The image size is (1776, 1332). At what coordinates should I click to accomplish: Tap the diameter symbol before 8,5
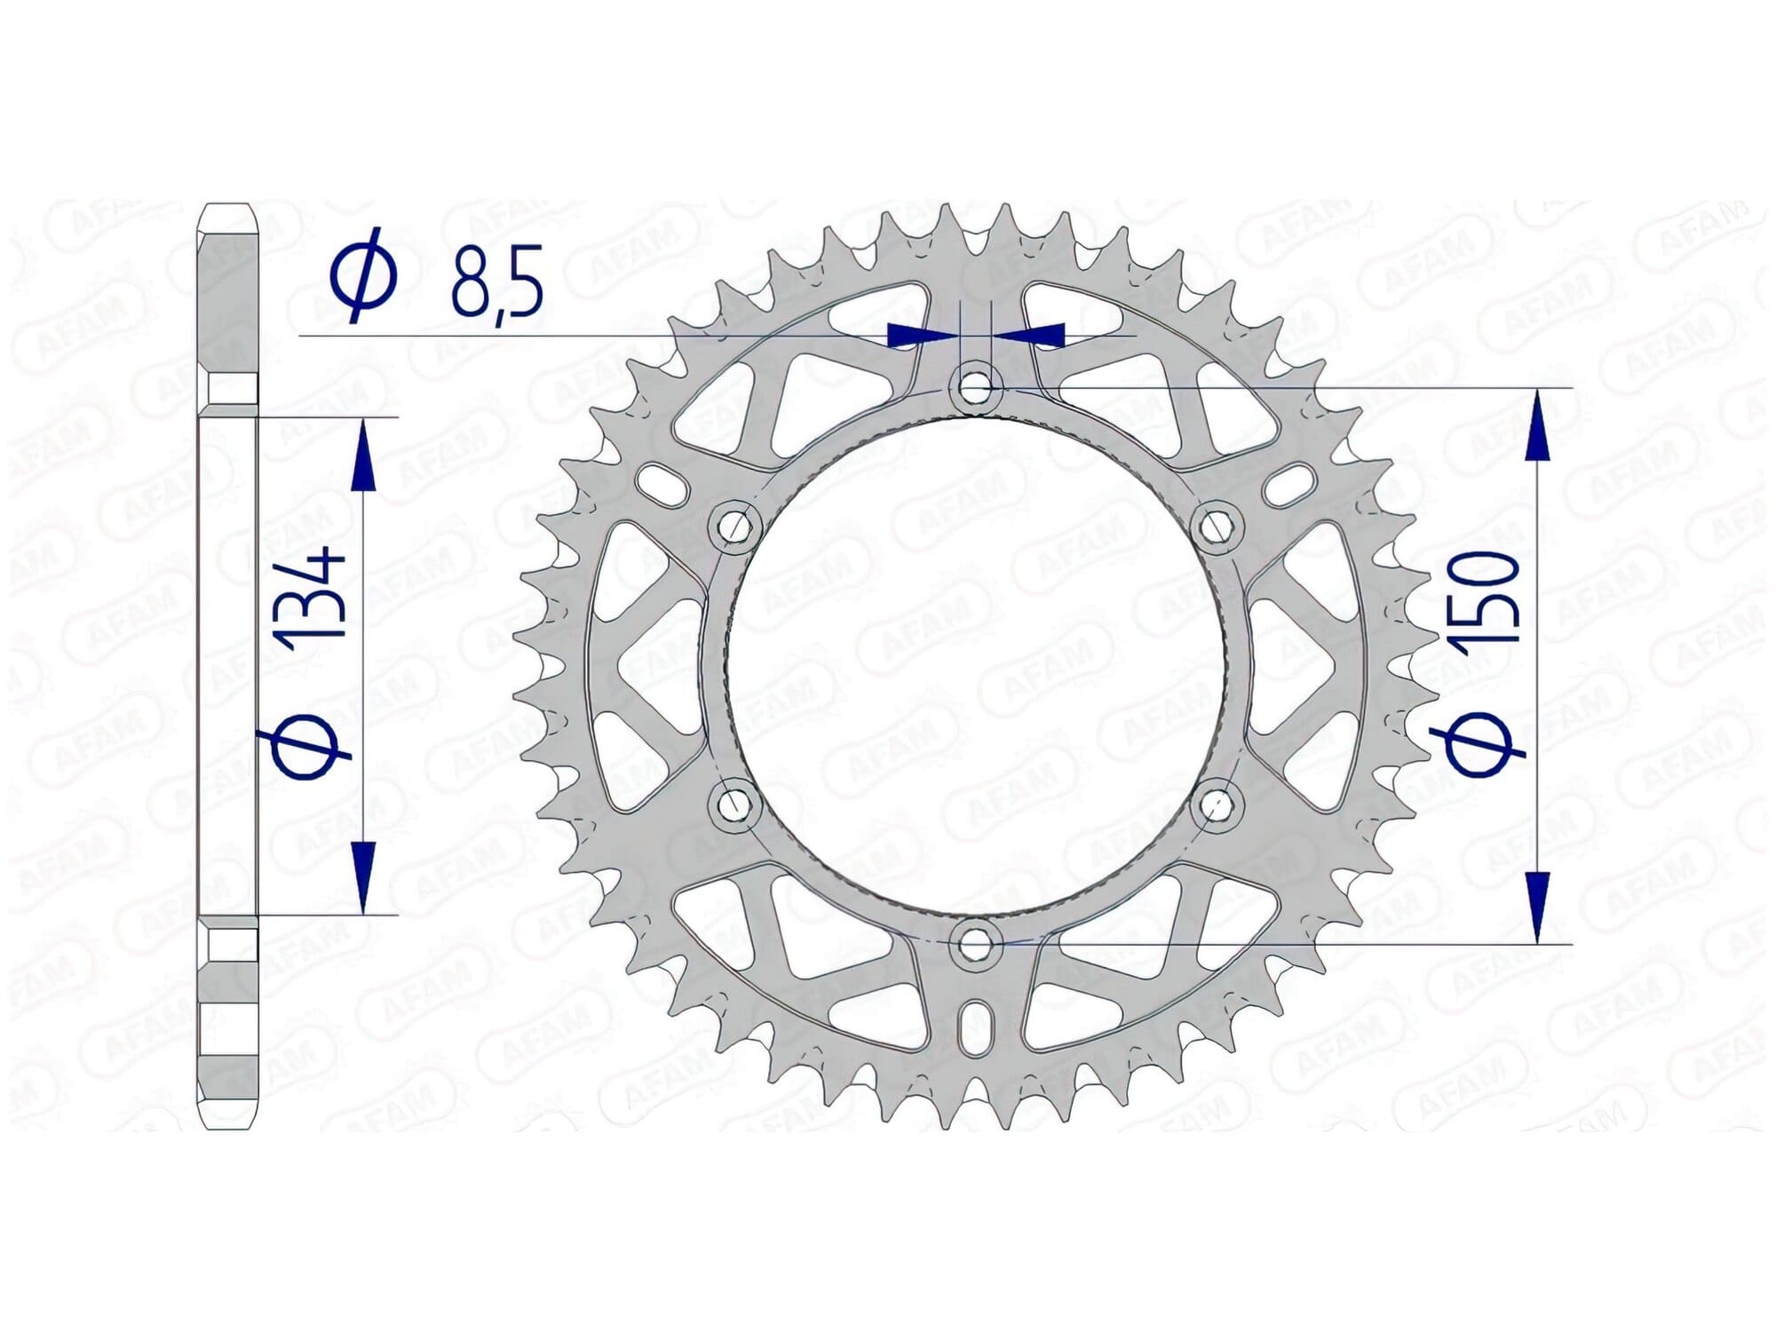coord(363,274)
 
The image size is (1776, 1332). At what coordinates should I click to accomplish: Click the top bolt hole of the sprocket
coord(976,389)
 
